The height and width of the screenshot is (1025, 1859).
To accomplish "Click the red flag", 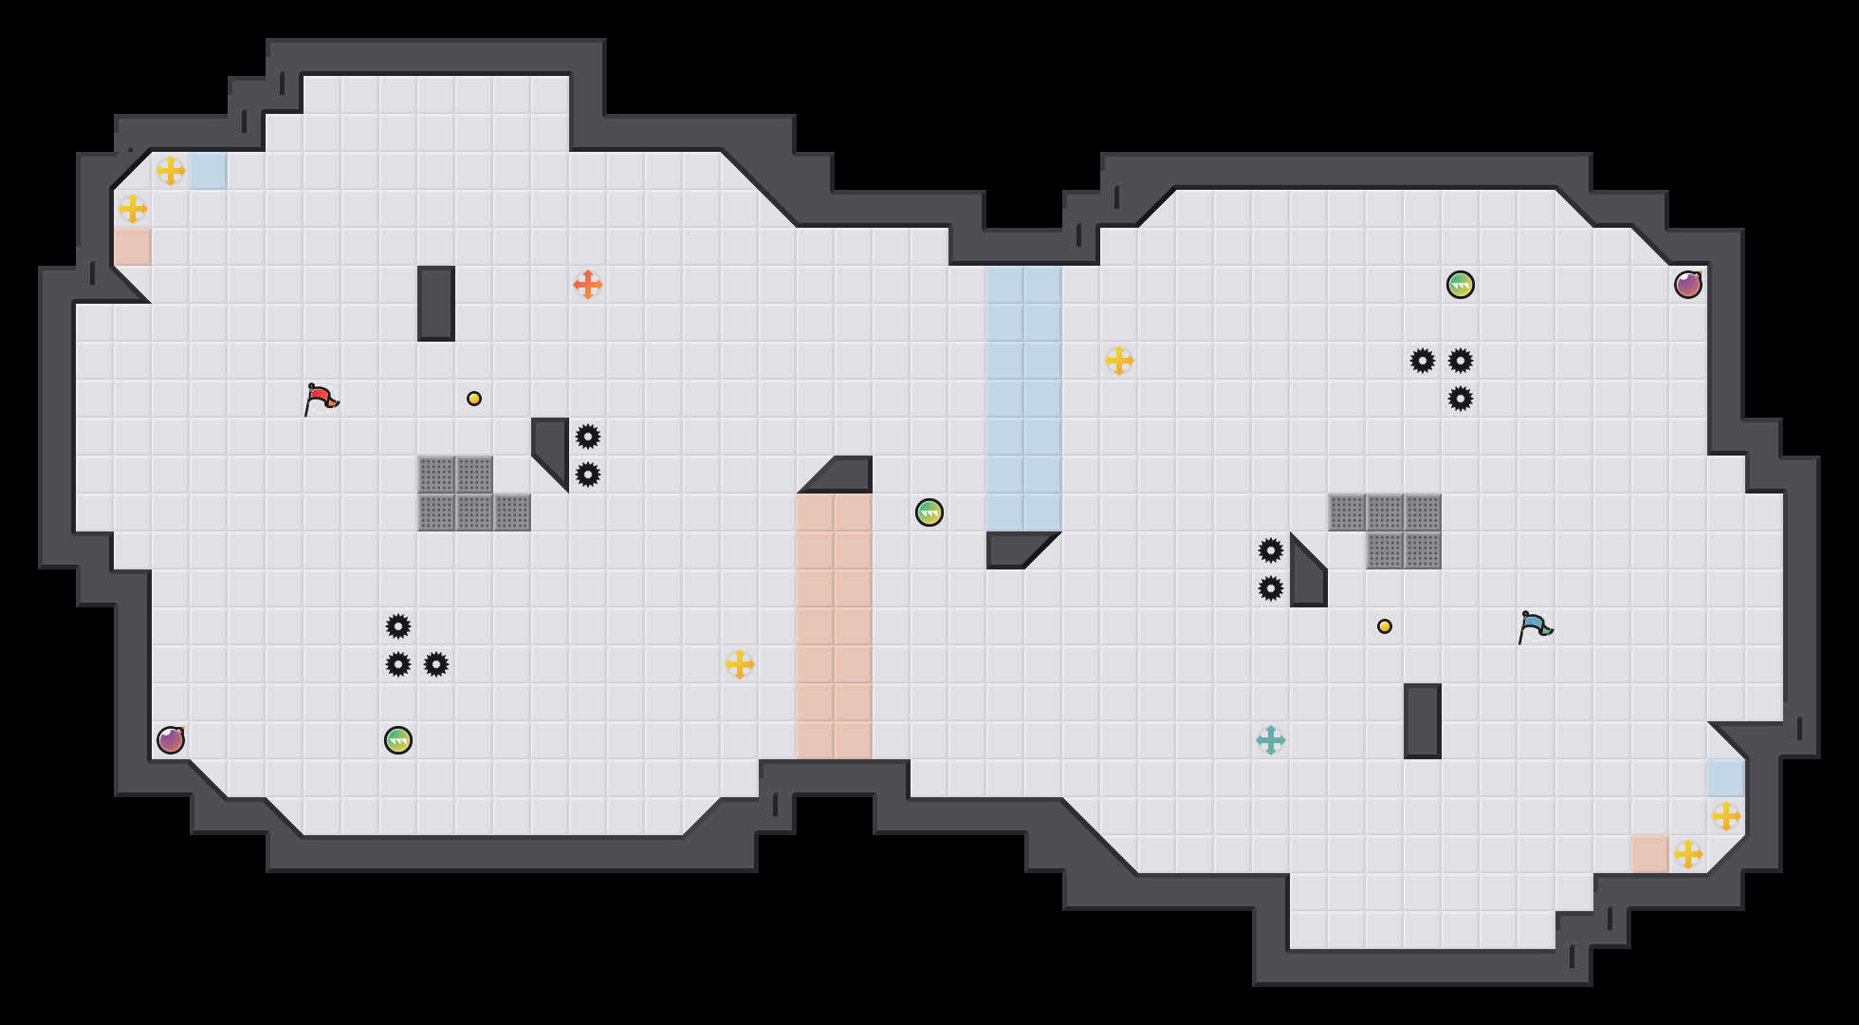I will (x=320, y=399).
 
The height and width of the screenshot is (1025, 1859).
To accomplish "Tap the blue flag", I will (x=1534, y=626).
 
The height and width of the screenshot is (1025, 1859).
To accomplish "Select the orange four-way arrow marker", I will (x=588, y=285).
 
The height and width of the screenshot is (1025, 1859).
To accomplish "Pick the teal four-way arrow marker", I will (x=1271, y=740).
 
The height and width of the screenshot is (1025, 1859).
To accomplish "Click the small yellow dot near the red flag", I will (x=474, y=399).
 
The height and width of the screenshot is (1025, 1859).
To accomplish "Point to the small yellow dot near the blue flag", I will (x=1385, y=626).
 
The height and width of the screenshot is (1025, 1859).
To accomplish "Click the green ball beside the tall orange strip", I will (x=929, y=512).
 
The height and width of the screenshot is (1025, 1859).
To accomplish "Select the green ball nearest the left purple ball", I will (x=398, y=740).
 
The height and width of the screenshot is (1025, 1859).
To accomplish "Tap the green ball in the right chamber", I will (x=1461, y=285).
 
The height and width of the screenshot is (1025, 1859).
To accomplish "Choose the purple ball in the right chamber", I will (x=1688, y=285).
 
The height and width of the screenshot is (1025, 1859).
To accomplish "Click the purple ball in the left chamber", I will (x=171, y=740).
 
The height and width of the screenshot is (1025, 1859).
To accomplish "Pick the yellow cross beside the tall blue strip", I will (x=1119, y=361).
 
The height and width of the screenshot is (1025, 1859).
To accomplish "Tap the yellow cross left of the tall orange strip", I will (x=740, y=664).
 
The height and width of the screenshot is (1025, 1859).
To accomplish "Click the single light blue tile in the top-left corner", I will (x=209, y=171).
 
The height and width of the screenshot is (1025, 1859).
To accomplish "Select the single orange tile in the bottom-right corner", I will (x=1650, y=854).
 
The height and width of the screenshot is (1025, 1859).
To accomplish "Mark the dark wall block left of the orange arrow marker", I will (x=436, y=304).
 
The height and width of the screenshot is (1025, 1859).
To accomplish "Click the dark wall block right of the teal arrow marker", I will (x=1423, y=721).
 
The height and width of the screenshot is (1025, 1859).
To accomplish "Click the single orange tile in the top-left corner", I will (x=133, y=247).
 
